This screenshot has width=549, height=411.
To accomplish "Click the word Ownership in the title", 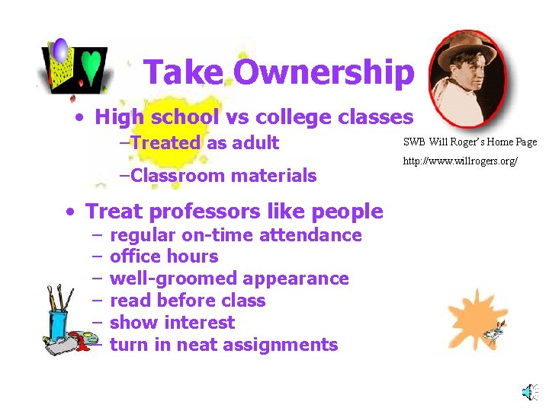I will point(324,73).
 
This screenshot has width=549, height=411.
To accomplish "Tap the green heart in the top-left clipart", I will point(91,66).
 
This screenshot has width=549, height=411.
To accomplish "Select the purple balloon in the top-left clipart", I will point(60,52).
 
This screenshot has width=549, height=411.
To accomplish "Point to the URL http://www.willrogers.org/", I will point(461,161).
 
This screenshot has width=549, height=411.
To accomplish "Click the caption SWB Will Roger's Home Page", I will point(470,142).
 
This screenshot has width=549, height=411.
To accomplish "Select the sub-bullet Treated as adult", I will point(200,142).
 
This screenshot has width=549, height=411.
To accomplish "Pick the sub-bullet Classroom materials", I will point(219,176).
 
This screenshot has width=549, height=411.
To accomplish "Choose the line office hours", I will point(164,256).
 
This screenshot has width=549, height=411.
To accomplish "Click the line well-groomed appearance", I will point(229,279).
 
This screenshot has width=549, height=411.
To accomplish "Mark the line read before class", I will point(188,301).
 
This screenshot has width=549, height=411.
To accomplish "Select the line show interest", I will point(172,323).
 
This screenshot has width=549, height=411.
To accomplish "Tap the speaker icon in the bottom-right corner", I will point(528,391).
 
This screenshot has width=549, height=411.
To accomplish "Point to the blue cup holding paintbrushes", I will point(57,323).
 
